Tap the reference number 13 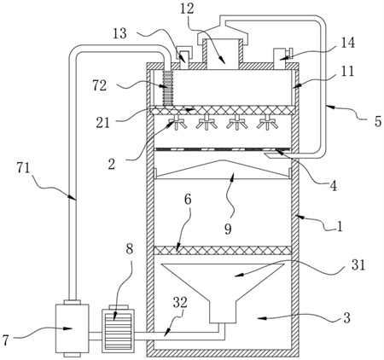pyautogui.click(x=119, y=34)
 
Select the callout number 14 pyautogui.click(x=347, y=43)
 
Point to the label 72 pyautogui.click(x=99, y=85)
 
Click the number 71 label pyautogui.click(x=23, y=168)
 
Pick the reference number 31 pyautogui.click(x=358, y=264)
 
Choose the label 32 pyautogui.click(x=180, y=303)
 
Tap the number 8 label pyautogui.click(x=129, y=249)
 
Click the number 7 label pyautogui.click(x=6, y=340)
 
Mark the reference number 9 pyautogui.click(x=228, y=229)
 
